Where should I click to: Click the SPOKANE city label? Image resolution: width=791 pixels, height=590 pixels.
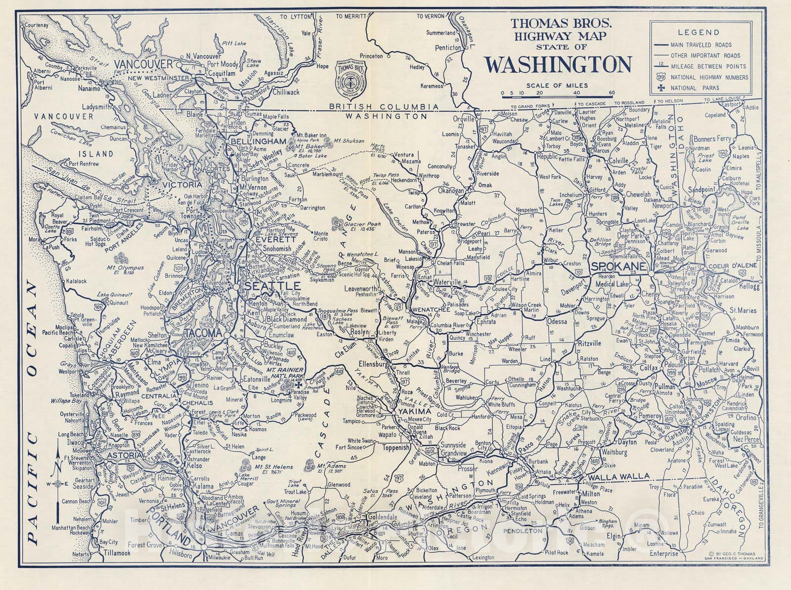click(x=618, y=266)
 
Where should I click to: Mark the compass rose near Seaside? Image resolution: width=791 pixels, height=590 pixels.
click(x=60, y=483)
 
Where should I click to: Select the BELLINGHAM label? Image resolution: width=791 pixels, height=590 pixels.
click(x=259, y=142)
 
